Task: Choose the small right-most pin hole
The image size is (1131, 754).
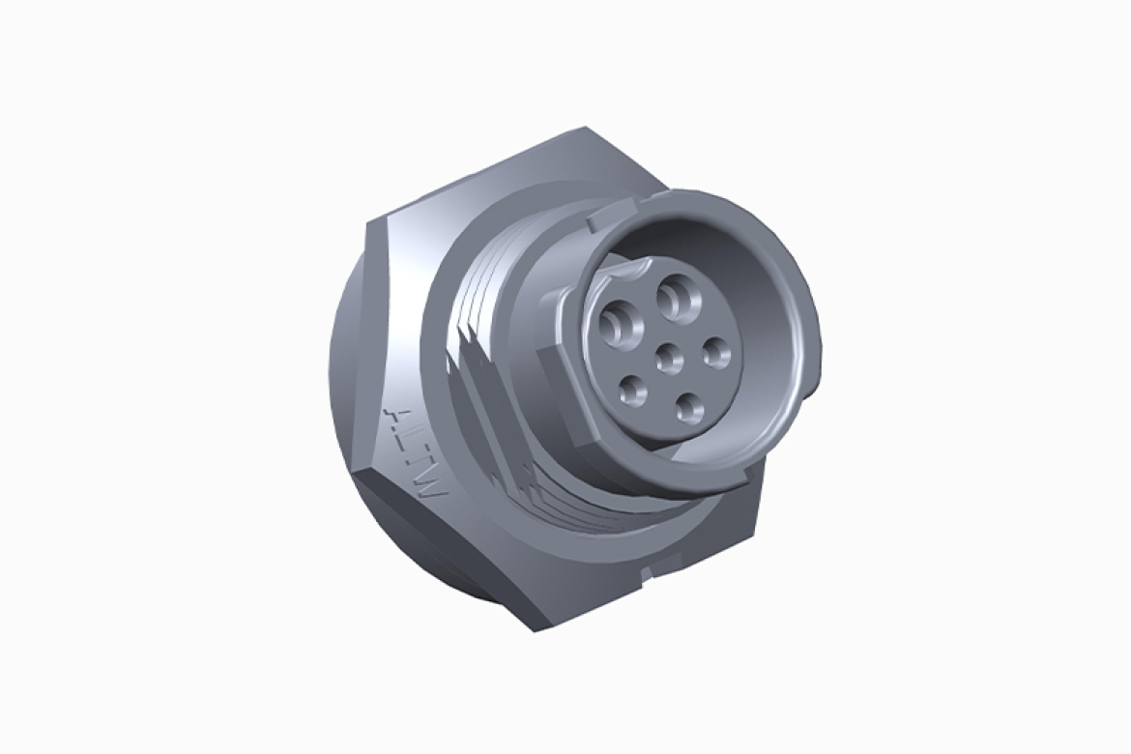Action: coord(716,353)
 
